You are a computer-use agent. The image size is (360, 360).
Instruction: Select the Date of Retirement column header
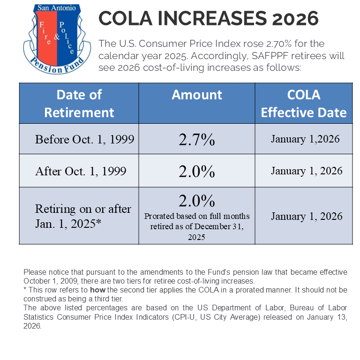pos(79,103)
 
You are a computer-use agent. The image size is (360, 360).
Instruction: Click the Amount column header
pos(196,95)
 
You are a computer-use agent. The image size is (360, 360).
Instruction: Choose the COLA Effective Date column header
pos(303,103)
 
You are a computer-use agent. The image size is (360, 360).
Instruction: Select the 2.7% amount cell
pos(196,139)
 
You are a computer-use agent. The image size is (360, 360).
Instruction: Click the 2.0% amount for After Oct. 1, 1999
pos(196,171)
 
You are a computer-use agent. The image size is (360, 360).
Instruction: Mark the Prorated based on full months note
pos(196,226)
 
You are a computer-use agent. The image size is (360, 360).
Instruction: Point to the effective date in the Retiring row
pos(307,216)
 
